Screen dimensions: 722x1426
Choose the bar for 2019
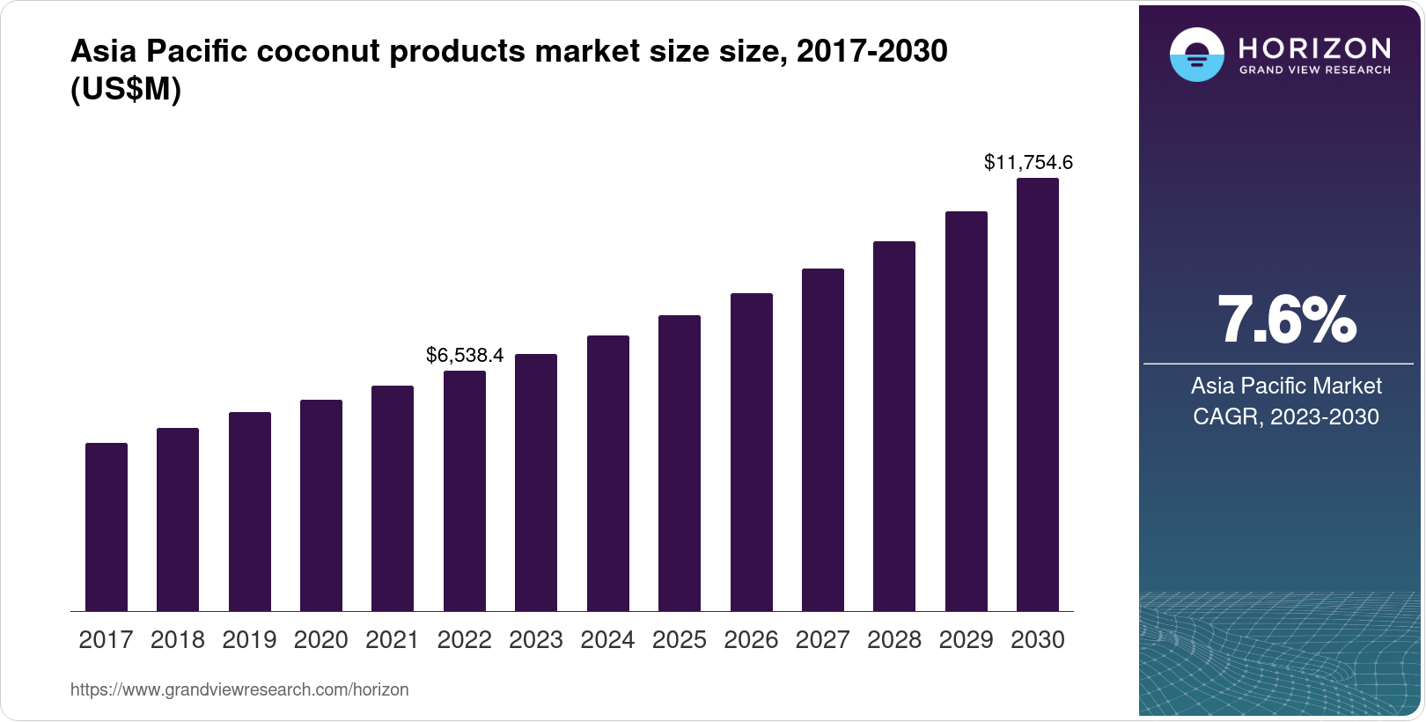click(x=250, y=512)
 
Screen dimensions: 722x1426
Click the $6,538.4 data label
click(x=465, y=355)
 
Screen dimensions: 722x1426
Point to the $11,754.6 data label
click(x=1028, y=162)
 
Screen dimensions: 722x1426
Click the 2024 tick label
click(x=607, y=640)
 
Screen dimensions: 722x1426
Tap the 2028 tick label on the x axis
click(x=894, y=640)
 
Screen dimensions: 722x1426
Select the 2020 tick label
click(x=321, y=640)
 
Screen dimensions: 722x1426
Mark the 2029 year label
click(x=966, y=640)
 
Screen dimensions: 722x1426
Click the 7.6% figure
click(x=1286, y=320)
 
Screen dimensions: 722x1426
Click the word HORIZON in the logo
click(x=1315, y=48)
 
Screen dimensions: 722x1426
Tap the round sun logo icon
click(x=1196, y=55)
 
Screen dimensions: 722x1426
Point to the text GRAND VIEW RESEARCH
click(x=1315, y=70)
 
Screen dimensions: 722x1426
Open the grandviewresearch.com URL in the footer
click(x=239, y=690)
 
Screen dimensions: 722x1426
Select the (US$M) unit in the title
click(x=126, y=89)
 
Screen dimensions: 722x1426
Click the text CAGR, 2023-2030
click(x=1286, y=416)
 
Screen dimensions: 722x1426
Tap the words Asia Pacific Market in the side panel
click(x=1286, y=386)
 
